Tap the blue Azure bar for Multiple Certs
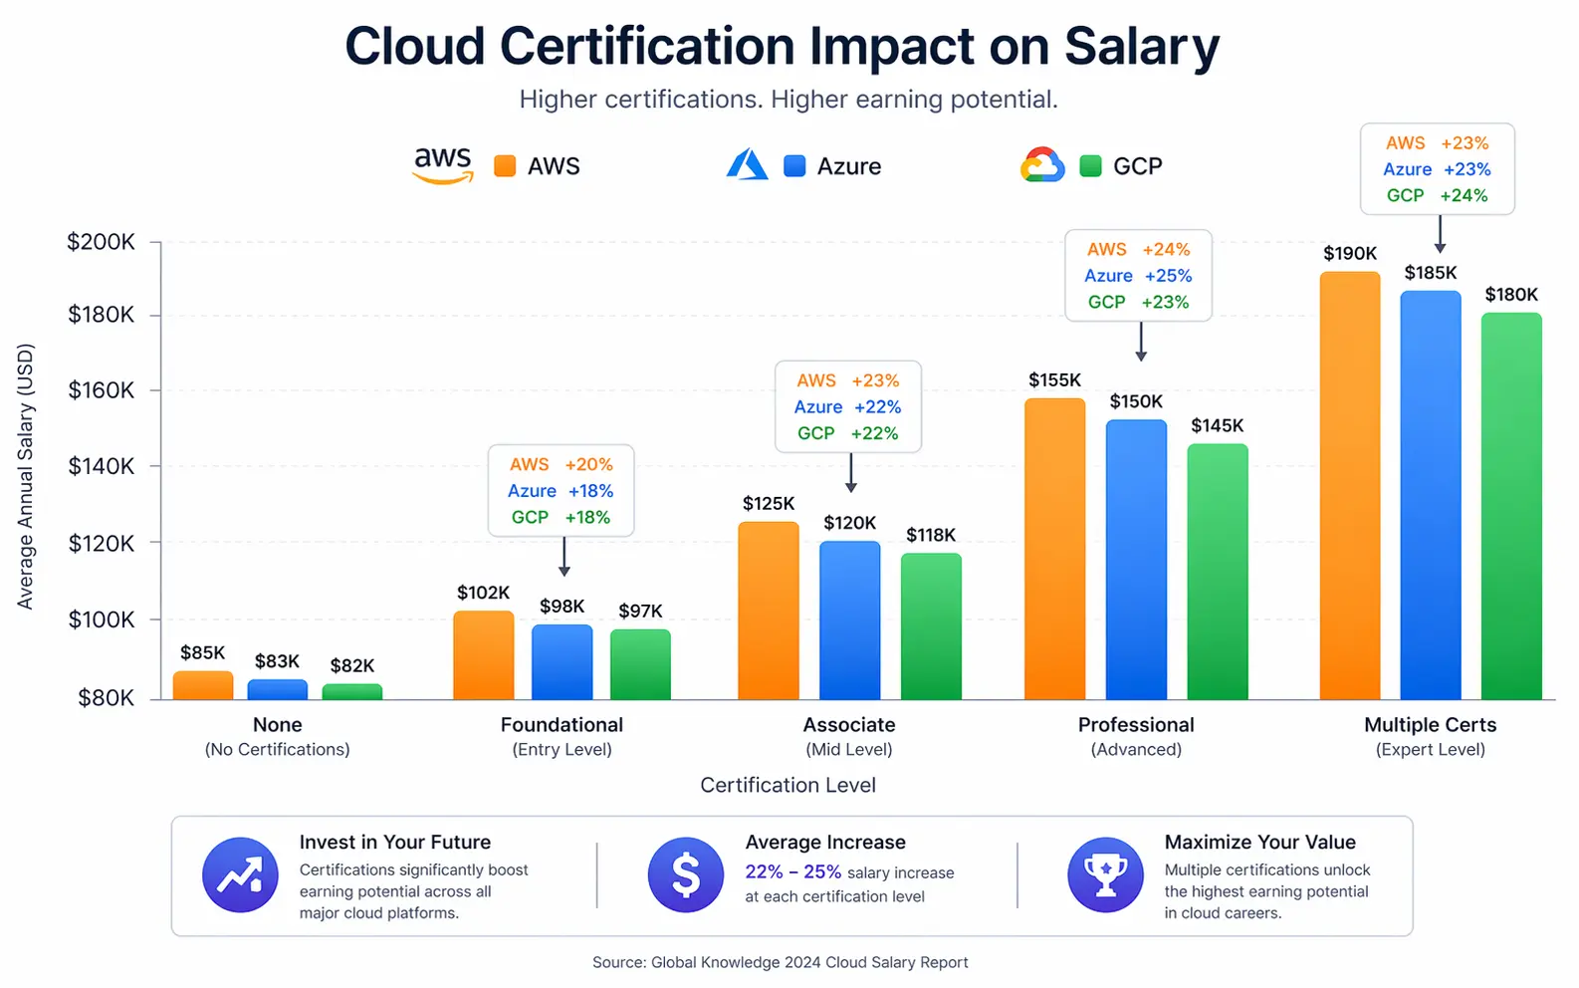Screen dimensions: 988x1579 point(1430,494)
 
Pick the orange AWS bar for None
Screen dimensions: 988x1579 point(203,685)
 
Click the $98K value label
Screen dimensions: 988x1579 point(563,607)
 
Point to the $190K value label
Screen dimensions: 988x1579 point(1349,254)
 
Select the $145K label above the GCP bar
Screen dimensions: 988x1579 point(1217,425)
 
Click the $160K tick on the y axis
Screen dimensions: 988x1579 point(101,389)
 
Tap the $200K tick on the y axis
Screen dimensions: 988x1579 point(101,242)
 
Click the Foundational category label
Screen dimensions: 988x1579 point(562,725)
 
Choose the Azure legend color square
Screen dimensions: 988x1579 point(793,166)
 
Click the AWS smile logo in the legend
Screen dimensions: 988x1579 point(443,165)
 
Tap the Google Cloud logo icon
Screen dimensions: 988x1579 point(1041,165)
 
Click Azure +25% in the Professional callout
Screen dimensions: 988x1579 point(1137,276)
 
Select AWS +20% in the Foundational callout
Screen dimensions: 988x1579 point(561,464)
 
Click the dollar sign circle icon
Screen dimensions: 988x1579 point(685,875)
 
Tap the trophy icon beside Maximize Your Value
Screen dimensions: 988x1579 point(1105,875)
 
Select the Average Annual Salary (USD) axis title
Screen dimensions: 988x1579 point(26,476)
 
